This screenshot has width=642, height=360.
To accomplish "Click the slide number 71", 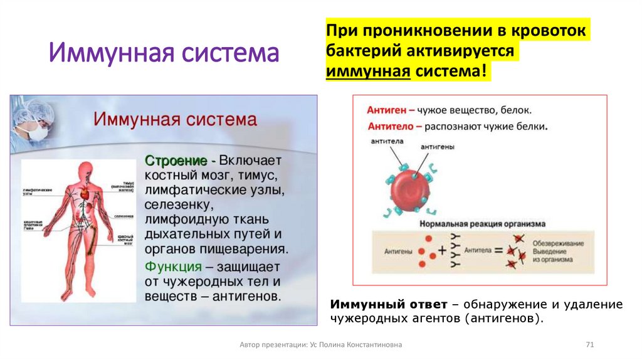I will pyautogui.click(x=589, y=345).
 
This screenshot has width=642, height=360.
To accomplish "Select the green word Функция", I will pyautogui.click(x=173, y=265).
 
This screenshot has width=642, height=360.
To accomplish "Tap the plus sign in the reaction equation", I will pyautogui.click(x=442, y=250).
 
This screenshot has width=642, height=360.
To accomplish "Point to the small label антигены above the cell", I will pyautogui.click(x=437, y=147).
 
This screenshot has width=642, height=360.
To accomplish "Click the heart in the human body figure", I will pyautogui.click(x=86, y=195).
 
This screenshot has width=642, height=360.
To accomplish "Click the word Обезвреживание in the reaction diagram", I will pyautogui.click(x=558, y=243).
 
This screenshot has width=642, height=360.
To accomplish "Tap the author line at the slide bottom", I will pyautogui.click(x=321, y=345).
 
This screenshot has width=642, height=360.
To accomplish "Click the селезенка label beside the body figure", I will pyautogui.click(x=123, y=216).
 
